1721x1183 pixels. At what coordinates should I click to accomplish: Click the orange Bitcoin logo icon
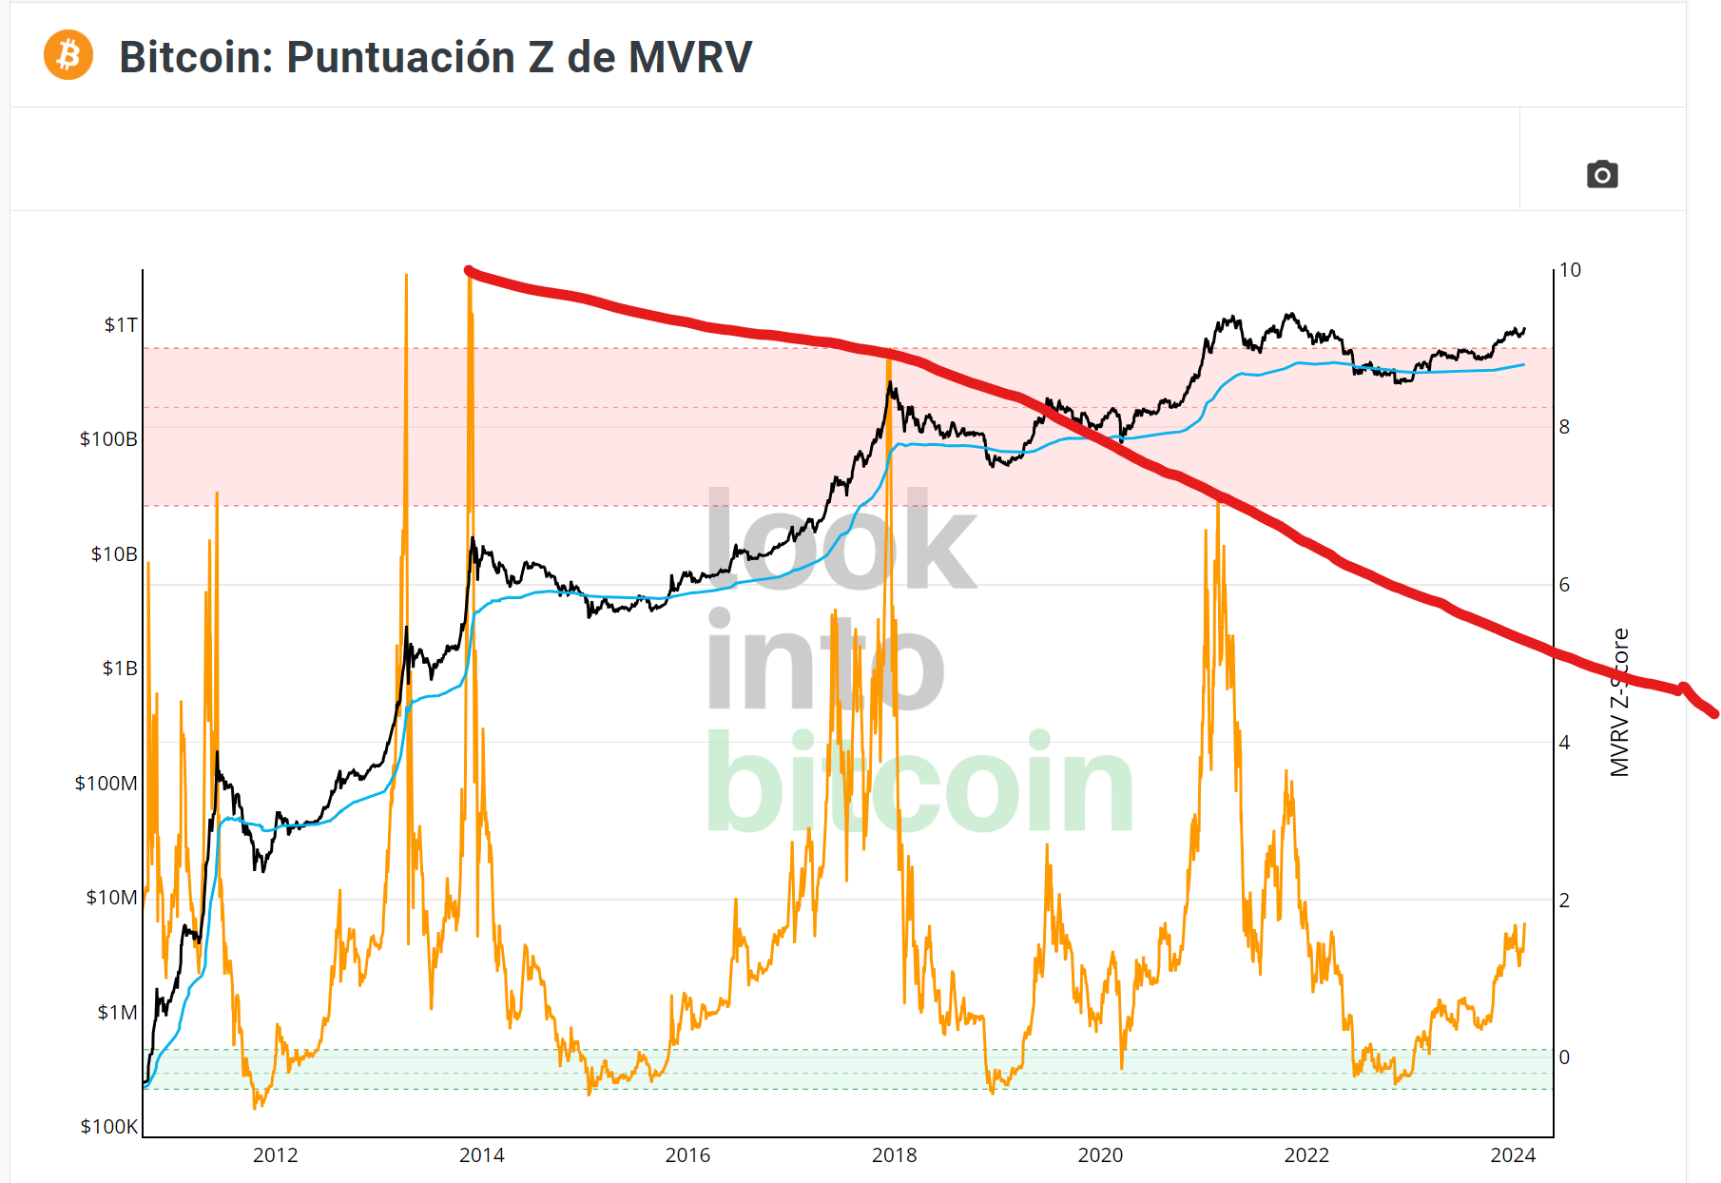(x=68, y=55)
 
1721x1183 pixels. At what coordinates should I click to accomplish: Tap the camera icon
(x=1602, y=175)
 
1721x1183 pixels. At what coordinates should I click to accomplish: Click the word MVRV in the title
(x=690, y=57)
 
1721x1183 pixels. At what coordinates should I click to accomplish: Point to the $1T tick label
(x=121, y=325)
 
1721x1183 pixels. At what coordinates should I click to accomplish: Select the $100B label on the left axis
(x=108, y=439)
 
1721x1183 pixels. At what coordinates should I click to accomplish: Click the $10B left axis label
(x=114, y=554)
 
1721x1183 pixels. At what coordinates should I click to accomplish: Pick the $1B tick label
(x=120, y=669)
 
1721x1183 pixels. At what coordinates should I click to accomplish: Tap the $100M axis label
(x=106, y=784)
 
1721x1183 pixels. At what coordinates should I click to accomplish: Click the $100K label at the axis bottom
(x=108, y=1127)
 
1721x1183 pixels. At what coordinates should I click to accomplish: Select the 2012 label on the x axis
(x=275, y=1155)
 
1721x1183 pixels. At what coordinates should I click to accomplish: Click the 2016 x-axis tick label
(x=687, y=1155)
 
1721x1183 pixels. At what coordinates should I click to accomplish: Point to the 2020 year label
(x=1100, y=1155)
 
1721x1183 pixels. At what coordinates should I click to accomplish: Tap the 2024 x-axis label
(x=1513, y=1155)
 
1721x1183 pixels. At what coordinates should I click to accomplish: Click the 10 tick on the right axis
(x=1570, y=270)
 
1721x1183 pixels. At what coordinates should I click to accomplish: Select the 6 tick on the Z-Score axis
(x=1565, y=585)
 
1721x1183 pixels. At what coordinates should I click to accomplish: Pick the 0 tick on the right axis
(x=1565, y=1057)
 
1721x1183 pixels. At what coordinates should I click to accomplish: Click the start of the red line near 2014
(x=469, y=272)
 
